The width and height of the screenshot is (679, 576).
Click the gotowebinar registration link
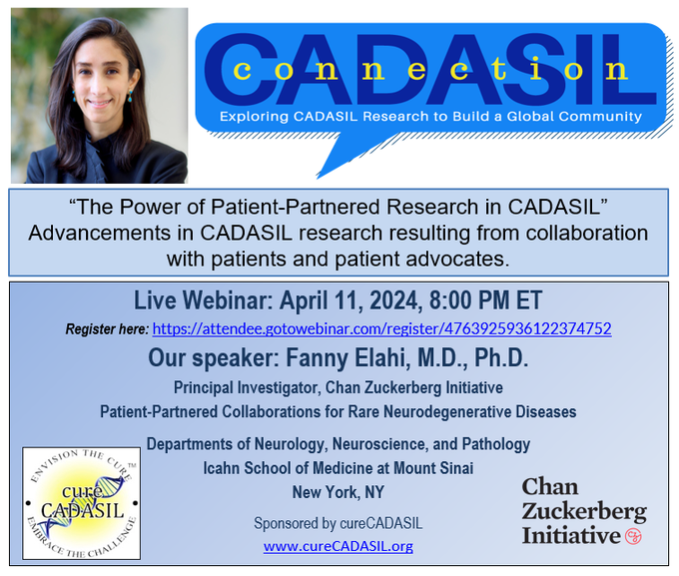click(x=382, y=328)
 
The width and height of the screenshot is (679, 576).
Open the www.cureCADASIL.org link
click(x=339, y=546)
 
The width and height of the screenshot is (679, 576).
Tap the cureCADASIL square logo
click(x=82, y=502)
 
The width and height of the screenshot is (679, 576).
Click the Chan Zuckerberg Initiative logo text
click(x=583, y=511)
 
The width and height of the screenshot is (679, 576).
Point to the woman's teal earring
click(x=130, y=97)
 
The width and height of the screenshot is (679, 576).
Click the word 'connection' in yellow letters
click(x=430, y=71)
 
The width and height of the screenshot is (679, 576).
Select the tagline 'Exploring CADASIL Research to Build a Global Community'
click(x=431, y=117)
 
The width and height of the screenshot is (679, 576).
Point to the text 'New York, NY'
click(x=338, y=491)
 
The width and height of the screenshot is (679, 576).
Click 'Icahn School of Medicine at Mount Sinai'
click(x=339, y=467)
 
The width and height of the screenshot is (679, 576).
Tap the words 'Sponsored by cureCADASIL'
click(x=339, y=523)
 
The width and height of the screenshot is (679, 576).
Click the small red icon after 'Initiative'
click(x=632, y=536)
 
